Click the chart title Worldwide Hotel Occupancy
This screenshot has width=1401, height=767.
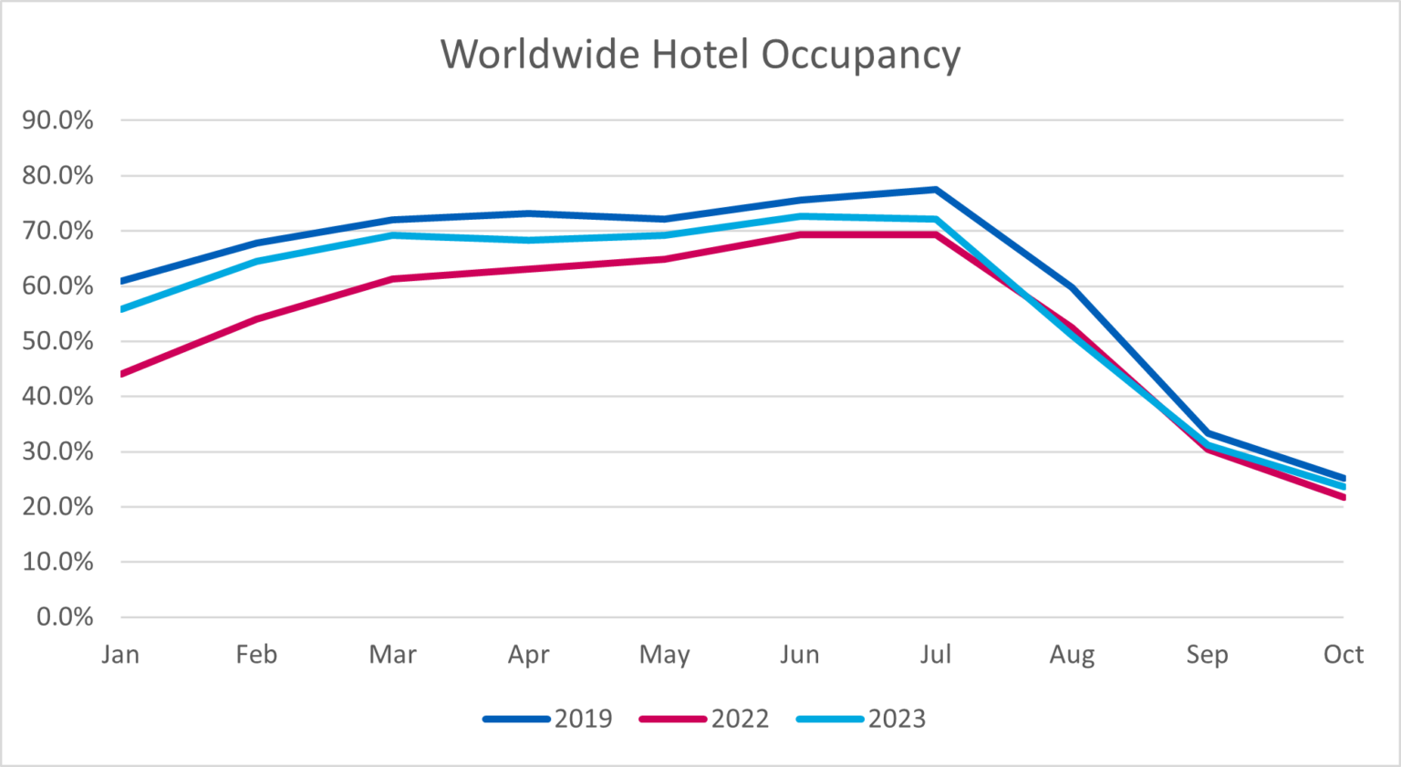700,55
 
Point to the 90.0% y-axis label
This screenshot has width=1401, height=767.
57,120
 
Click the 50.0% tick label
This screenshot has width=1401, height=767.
57,341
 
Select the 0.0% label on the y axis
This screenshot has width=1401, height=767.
64,617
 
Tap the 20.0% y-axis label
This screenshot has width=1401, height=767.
57,507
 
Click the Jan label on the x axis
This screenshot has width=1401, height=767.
120,655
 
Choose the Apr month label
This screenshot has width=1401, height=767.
528,655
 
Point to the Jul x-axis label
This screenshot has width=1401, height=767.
936,655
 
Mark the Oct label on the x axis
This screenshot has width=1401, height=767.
1343,655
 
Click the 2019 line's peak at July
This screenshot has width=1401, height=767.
936,190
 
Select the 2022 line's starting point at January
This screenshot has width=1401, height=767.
122,374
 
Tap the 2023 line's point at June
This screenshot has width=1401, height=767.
800,216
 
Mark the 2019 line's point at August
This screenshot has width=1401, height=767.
1072,288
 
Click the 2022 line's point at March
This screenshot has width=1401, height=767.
392,279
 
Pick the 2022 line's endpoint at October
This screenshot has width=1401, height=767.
1343,497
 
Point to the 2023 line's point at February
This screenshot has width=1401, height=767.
256,262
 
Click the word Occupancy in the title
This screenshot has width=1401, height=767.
860,55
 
